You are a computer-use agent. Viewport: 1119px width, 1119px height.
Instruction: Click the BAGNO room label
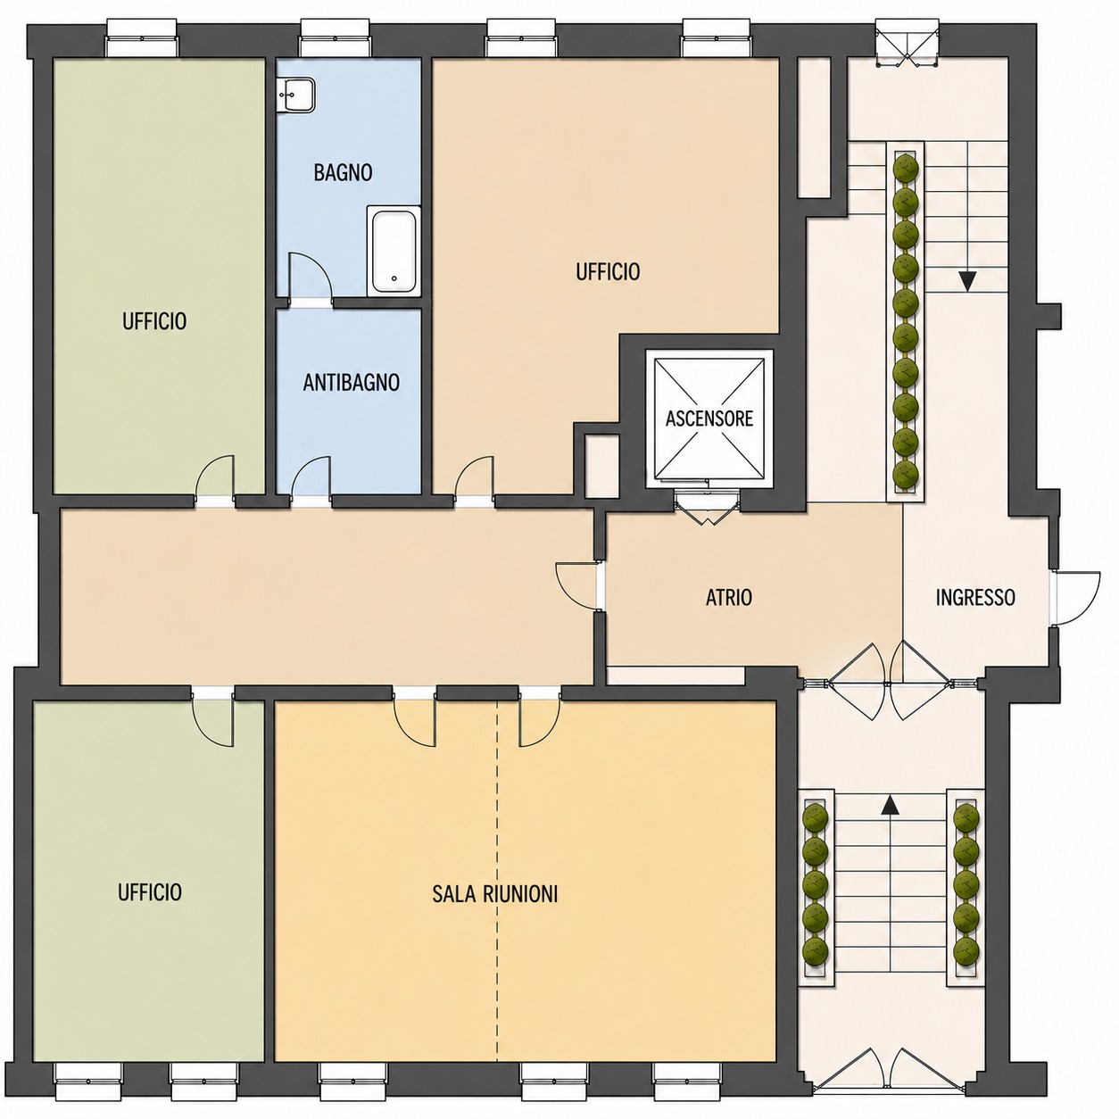click(x=343, y=172)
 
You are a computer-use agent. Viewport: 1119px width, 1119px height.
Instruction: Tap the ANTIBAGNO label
click(x=352, y=383)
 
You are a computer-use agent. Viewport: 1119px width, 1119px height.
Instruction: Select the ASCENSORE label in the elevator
click(x=709, y=419)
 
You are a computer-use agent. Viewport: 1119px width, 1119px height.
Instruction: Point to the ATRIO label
click(x=729, y=597)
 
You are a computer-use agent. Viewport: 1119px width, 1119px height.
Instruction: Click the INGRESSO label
click(x=975, y=597)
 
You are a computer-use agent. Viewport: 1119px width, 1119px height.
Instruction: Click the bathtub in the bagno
click(x=394, y=251)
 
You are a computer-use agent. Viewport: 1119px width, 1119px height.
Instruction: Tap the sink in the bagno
click(x=296, y=95)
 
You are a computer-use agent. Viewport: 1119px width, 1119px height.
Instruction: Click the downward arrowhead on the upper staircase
click(x=967, y=281)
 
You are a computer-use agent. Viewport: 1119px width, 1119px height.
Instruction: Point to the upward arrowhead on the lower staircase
click(x=889, y=805)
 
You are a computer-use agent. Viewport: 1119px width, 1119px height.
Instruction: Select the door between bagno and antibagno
click(x=311, y=278)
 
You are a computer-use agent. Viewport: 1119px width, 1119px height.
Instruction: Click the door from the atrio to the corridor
click(x=577, y=585)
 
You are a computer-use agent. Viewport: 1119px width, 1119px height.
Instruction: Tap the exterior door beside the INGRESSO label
click(x=1077, y=598)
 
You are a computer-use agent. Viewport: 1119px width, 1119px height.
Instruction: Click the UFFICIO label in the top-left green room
click(x=154, y=321)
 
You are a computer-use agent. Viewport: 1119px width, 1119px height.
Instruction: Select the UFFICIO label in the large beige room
click(x=608, y=271)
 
